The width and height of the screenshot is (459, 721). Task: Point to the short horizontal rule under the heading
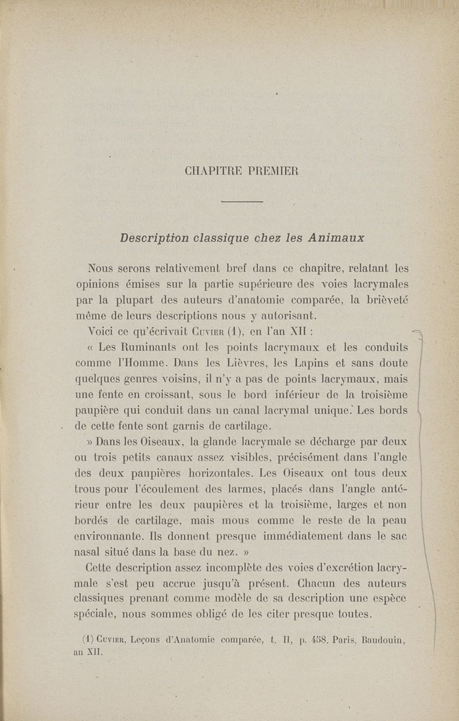[241, 201]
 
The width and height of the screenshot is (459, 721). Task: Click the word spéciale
[98, 614]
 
